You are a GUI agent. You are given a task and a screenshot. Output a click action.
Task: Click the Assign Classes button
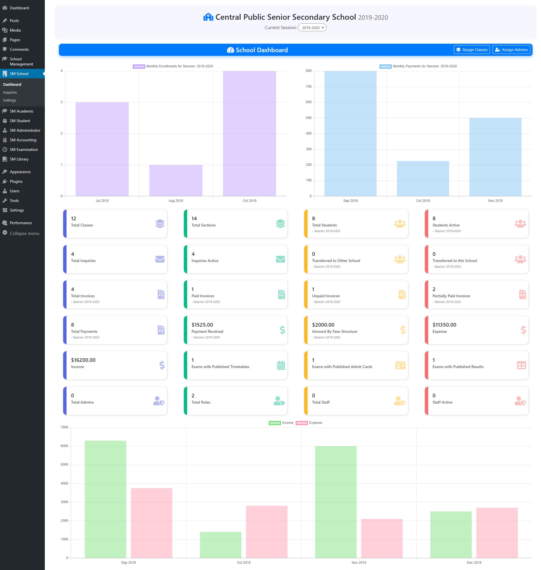point(471,50)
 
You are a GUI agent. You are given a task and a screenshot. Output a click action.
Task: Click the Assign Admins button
point(511,50)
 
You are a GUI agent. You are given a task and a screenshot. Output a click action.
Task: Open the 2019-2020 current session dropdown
point(312,28)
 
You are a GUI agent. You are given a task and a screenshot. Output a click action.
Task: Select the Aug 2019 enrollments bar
point(176,180)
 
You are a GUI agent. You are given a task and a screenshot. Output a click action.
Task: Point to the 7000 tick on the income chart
point(64,427)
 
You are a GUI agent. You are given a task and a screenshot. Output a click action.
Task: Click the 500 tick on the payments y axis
point(308,118)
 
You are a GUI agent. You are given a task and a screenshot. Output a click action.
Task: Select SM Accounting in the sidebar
point(23,140)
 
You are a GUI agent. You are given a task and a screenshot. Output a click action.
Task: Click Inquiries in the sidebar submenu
point(10,92)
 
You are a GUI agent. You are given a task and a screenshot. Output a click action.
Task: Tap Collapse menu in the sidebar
point(24,233)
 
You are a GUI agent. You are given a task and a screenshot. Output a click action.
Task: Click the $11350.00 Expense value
point(444,325)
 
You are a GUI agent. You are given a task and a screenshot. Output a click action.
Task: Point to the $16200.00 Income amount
point(83,360)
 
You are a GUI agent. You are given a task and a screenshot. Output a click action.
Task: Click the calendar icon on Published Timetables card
point(281,365)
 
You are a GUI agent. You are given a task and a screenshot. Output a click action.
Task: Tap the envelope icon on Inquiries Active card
point(280,259)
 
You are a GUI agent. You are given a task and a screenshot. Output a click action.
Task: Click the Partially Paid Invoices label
point(451,296)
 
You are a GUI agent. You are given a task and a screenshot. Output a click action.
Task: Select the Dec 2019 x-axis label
point(474,562)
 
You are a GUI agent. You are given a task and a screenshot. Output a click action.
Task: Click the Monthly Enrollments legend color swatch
point(139,66)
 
